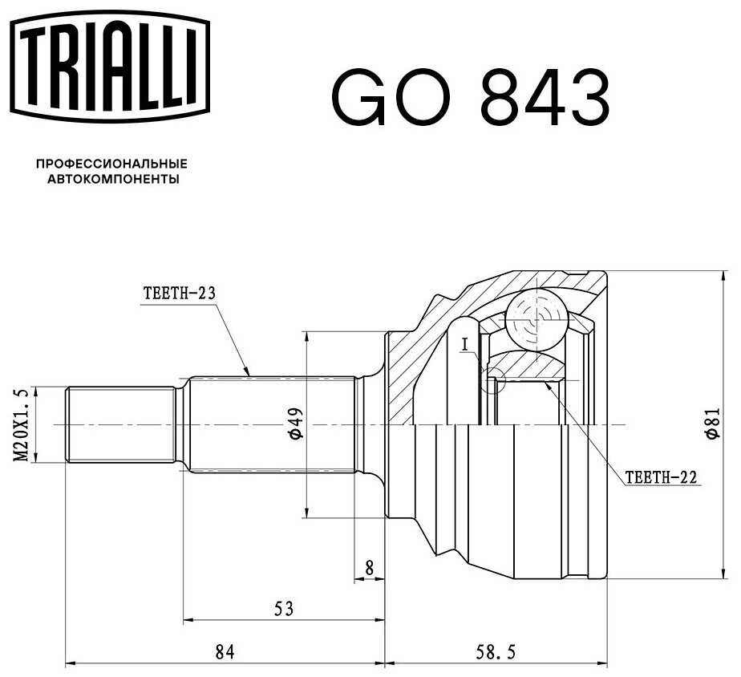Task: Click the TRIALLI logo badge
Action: point(110,66)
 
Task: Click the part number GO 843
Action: point(470,97)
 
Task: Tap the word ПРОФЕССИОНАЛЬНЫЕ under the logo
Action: point(112,164)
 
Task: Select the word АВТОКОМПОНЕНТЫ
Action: point(113,180)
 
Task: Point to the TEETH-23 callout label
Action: point(180,294)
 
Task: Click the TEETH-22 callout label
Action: point(661,477)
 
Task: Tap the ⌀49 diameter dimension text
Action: point(296,424)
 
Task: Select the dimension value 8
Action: point(370,567)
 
